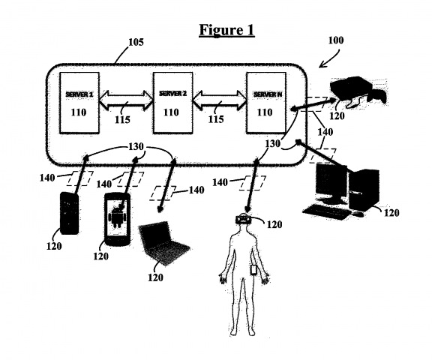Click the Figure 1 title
226,31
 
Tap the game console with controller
352,89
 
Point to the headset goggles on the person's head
243,220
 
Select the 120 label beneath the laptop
155,277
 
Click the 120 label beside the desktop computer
391,212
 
